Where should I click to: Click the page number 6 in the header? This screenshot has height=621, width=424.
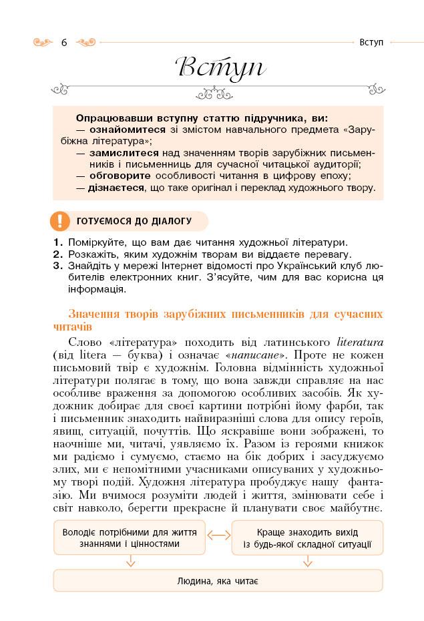pos(64,43)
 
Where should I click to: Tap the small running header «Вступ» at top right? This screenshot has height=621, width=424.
pos(371,42)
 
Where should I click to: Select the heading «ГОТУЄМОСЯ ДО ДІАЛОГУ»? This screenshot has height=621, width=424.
pos(134,220)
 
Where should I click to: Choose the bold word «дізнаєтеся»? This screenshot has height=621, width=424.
pos(116,188)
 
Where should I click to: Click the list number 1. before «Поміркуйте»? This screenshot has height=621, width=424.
pos(57,242)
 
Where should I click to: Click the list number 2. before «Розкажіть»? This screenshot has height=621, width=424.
pos(57,254)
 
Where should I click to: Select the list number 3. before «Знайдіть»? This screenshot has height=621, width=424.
pos(57,266)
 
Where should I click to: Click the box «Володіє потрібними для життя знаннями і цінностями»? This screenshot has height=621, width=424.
pos(129,538)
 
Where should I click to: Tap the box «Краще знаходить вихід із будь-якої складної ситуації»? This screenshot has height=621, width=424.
pos(308,538)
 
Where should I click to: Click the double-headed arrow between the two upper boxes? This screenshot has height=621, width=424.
pos(218,535)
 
